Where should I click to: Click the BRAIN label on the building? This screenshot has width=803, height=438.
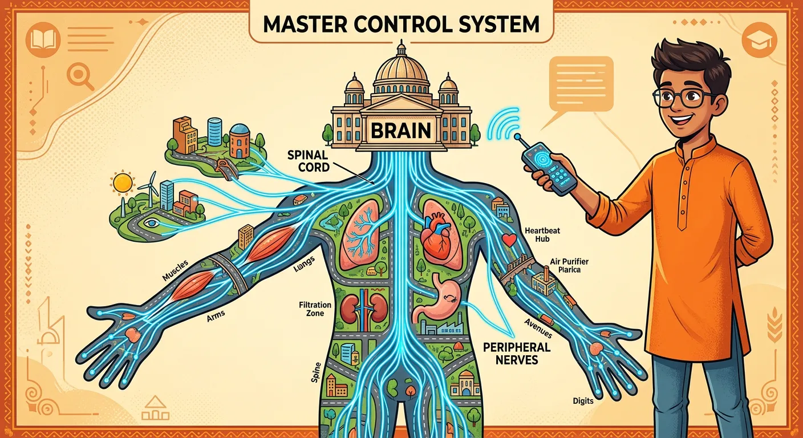(401, 131)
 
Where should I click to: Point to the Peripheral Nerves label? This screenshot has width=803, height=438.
(516, 353)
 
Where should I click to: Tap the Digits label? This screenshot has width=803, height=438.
(583, 401)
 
